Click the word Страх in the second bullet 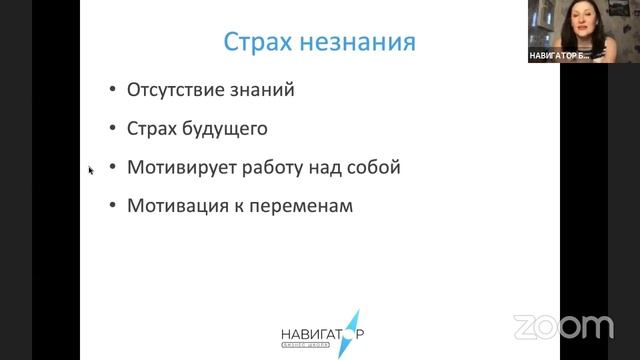(x=151, y=129)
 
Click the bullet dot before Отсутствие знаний (x=112, y=91)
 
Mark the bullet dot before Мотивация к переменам (x=112, y=208)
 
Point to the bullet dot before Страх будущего (x=112, y=130)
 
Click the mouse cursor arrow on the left (x=91, y=170)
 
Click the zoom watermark (x=563, y=326)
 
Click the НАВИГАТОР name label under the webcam (x=559, y=56)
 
